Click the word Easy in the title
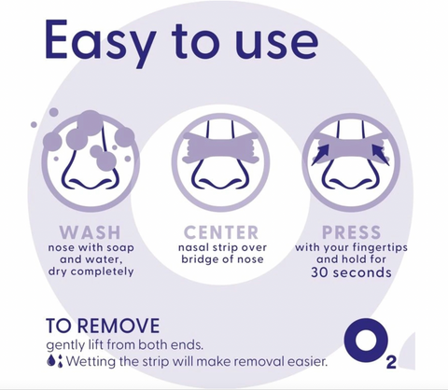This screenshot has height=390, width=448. pyautogui.click(x=100, y=41)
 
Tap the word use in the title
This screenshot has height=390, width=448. pyautogui.click(x=276, y=44)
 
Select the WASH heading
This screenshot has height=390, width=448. pyautogui.click(x=90, y=232)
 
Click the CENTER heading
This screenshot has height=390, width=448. pyautogui.click(x=221, y=232)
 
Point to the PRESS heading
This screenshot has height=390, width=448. pyautogui.click(x=352, y=232)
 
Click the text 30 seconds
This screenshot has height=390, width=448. pyautogui.click(x=351, y=272)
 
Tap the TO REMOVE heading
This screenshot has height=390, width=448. pyautogui.click(x=103, y=326)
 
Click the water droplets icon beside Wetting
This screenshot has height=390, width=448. pyautogui.click(x=54, y=361)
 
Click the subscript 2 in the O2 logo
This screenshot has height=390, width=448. pyautogui.click(x=391, y=363)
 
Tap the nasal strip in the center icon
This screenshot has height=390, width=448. pyautogui.click(x=221, y=147)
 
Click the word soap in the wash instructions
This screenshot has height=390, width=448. pyautogui.click(x=120, y=248)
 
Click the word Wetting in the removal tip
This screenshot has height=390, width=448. pyautogui.click(x=91, y=361)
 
